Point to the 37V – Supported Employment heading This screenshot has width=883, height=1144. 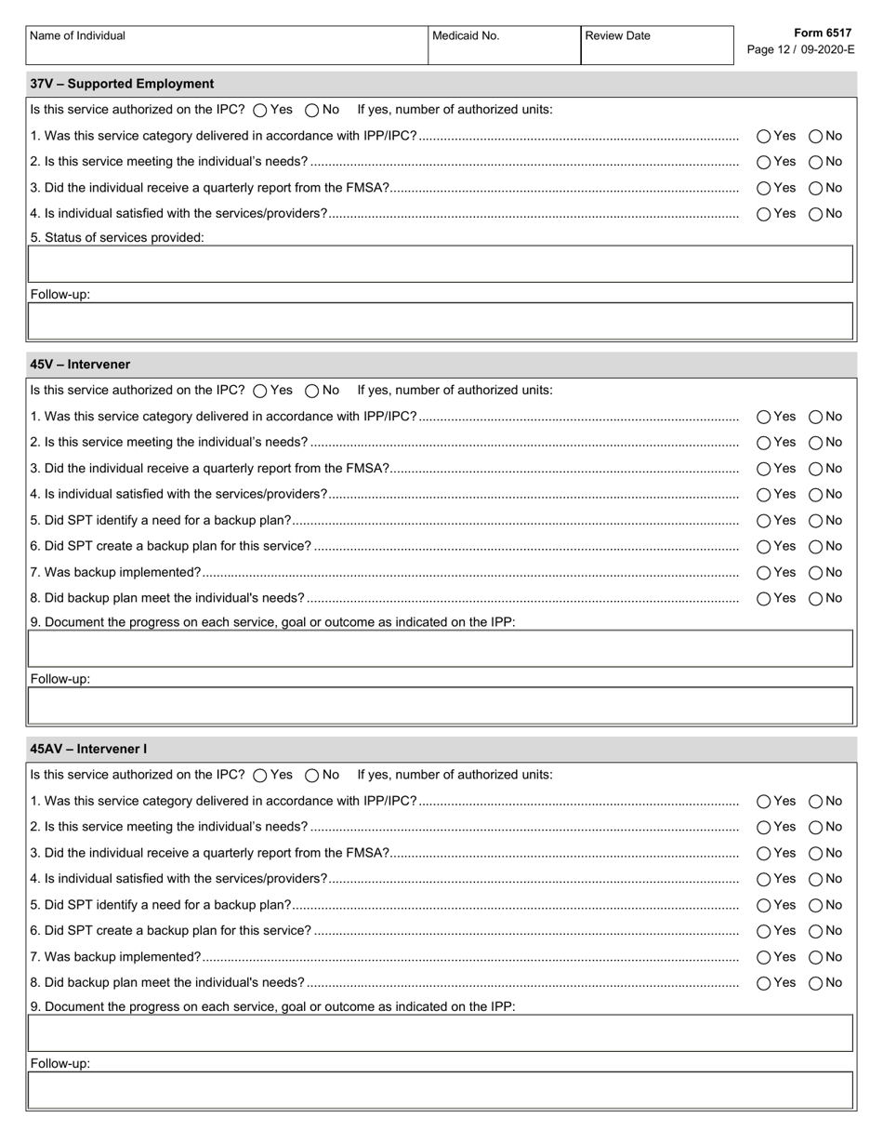pos(122,84)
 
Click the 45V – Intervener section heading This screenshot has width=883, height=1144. pos(80,365)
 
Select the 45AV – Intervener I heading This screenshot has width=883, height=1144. pos(88,749)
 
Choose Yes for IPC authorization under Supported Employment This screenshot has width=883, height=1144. pos(260,110)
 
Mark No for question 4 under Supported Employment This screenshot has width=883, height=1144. pos(816,214)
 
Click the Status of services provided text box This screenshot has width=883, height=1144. pos(441,264)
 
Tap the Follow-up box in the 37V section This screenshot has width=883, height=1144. pos(441,321)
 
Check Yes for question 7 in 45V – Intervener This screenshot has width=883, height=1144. pos(764,573)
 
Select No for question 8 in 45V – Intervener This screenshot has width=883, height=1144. pos(816,599)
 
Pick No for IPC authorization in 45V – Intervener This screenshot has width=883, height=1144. pos(312,391)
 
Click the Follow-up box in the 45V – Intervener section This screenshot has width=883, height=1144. pos(441,706)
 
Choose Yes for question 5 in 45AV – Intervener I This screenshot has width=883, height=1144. pos(764,905)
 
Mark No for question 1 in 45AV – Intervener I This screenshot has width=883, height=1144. pos(816,801)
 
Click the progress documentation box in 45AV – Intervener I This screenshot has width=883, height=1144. pos(441,1032)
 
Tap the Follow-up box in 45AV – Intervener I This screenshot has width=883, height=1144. pos(441,1090)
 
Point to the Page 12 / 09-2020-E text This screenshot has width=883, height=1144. pos(800,50)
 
